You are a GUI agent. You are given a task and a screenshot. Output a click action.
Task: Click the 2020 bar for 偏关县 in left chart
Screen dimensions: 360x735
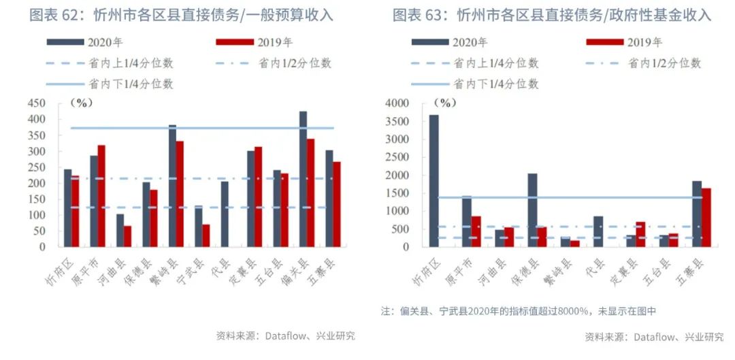coord(303,179)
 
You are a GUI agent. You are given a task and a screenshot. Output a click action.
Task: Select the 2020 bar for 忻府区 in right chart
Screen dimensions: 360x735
coord(434,180)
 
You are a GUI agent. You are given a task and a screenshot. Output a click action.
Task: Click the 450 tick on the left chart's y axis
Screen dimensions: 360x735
coord(36,103)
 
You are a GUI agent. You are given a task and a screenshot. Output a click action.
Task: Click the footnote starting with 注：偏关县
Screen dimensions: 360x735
coord(518,311)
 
